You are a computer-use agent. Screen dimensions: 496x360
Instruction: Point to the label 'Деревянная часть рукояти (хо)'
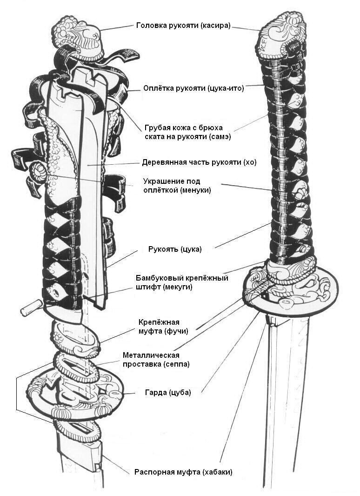[199, 163]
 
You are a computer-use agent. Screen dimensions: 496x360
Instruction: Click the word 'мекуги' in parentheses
[177, 287]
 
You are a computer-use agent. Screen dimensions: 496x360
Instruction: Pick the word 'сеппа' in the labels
[177, 364]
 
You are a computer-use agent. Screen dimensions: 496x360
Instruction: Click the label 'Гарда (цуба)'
[169, 392]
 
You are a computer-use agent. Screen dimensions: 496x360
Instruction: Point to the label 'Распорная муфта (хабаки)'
[183, 472]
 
